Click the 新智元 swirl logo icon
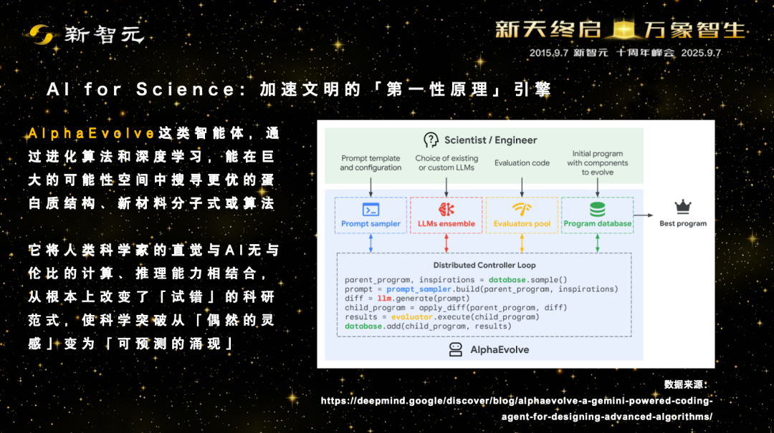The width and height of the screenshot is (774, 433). pyautogui.click(x=41, y=34)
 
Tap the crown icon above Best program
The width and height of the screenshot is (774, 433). pyautogui.click(x=683, y=207)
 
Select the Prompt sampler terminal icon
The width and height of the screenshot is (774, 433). pyautogui.click(x=371, y=210)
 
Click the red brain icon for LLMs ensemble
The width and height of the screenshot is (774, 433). pyautogui.click(x=446, y=209)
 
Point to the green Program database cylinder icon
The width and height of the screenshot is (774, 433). pyautogui.click(x=597, y=209)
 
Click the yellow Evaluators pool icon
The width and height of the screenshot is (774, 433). pyautogui.click(x=522, y=209)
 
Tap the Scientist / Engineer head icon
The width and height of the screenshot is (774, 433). pyautogui.click(x=431, y=140)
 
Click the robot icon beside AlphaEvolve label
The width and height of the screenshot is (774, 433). pyautogui.click(x=456, y=350)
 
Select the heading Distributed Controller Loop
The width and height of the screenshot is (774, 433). pyautogui.click(x=484, y=266)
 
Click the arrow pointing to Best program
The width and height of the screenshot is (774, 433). pyautogui.click(x=643, y=215)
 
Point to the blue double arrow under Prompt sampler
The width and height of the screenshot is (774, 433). pyautogui.click(x=371, y=243)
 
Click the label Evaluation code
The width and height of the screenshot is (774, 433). pyautogui.click(x=522, y=162)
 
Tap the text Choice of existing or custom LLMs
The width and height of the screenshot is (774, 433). pyautogui.click(x=446, y=162)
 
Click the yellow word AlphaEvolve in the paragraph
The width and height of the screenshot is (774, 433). pyautogui.click(x=92, y=133)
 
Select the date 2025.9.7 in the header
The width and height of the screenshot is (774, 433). pyautogui.click(x=701, y=53)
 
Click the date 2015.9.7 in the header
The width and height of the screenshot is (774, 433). pyautogui.click(x=549, y=53)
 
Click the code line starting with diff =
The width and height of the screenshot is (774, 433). pyautogui.click(x=407, y=298)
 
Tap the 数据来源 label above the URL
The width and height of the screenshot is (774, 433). pyautogui.click(x=686, y=384)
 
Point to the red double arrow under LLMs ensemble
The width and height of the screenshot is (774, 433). pyautogui.click(x=446, y=243)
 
